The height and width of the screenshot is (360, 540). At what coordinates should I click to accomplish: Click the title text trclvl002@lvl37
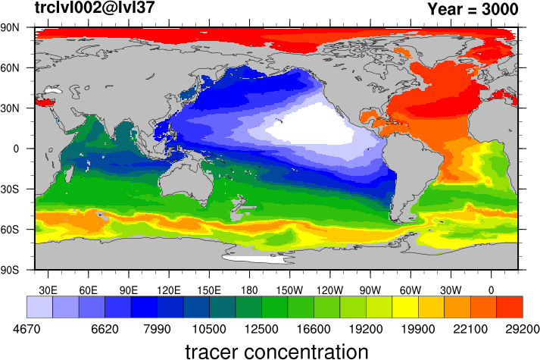coord(95,8)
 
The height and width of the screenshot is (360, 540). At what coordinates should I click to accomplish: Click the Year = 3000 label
coord(473,9)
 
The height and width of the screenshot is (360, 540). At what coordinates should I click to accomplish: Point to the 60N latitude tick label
coord(10,68)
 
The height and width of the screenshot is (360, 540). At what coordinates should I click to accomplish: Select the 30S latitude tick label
coord(10,189)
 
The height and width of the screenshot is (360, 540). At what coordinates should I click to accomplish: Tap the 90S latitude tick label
coord(10,270)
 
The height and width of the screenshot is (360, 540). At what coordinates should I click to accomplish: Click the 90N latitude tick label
coord(10,27)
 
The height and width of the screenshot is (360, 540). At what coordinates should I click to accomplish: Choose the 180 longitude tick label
coord(249,290)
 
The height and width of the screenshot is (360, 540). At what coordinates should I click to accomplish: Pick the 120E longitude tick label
coord(169,290)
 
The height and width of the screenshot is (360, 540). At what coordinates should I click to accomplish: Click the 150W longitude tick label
coord(289,290)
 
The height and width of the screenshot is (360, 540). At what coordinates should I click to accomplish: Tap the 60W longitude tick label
coord(410,290)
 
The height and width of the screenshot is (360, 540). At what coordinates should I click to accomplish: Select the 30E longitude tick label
coord(48,290)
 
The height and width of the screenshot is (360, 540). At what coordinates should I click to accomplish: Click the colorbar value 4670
coord(27,330)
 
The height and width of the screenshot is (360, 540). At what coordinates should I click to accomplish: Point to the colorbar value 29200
coord(523,330)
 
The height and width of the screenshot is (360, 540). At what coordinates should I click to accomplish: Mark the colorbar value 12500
coord(261,330)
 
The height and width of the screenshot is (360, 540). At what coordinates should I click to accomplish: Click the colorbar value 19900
coord(418,330)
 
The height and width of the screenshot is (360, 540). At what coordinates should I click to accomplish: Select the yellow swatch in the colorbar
coord(405,307)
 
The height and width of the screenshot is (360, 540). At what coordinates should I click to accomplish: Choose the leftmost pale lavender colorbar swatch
coord(39,307)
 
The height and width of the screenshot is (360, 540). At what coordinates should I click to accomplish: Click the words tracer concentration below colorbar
coord(277,352)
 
